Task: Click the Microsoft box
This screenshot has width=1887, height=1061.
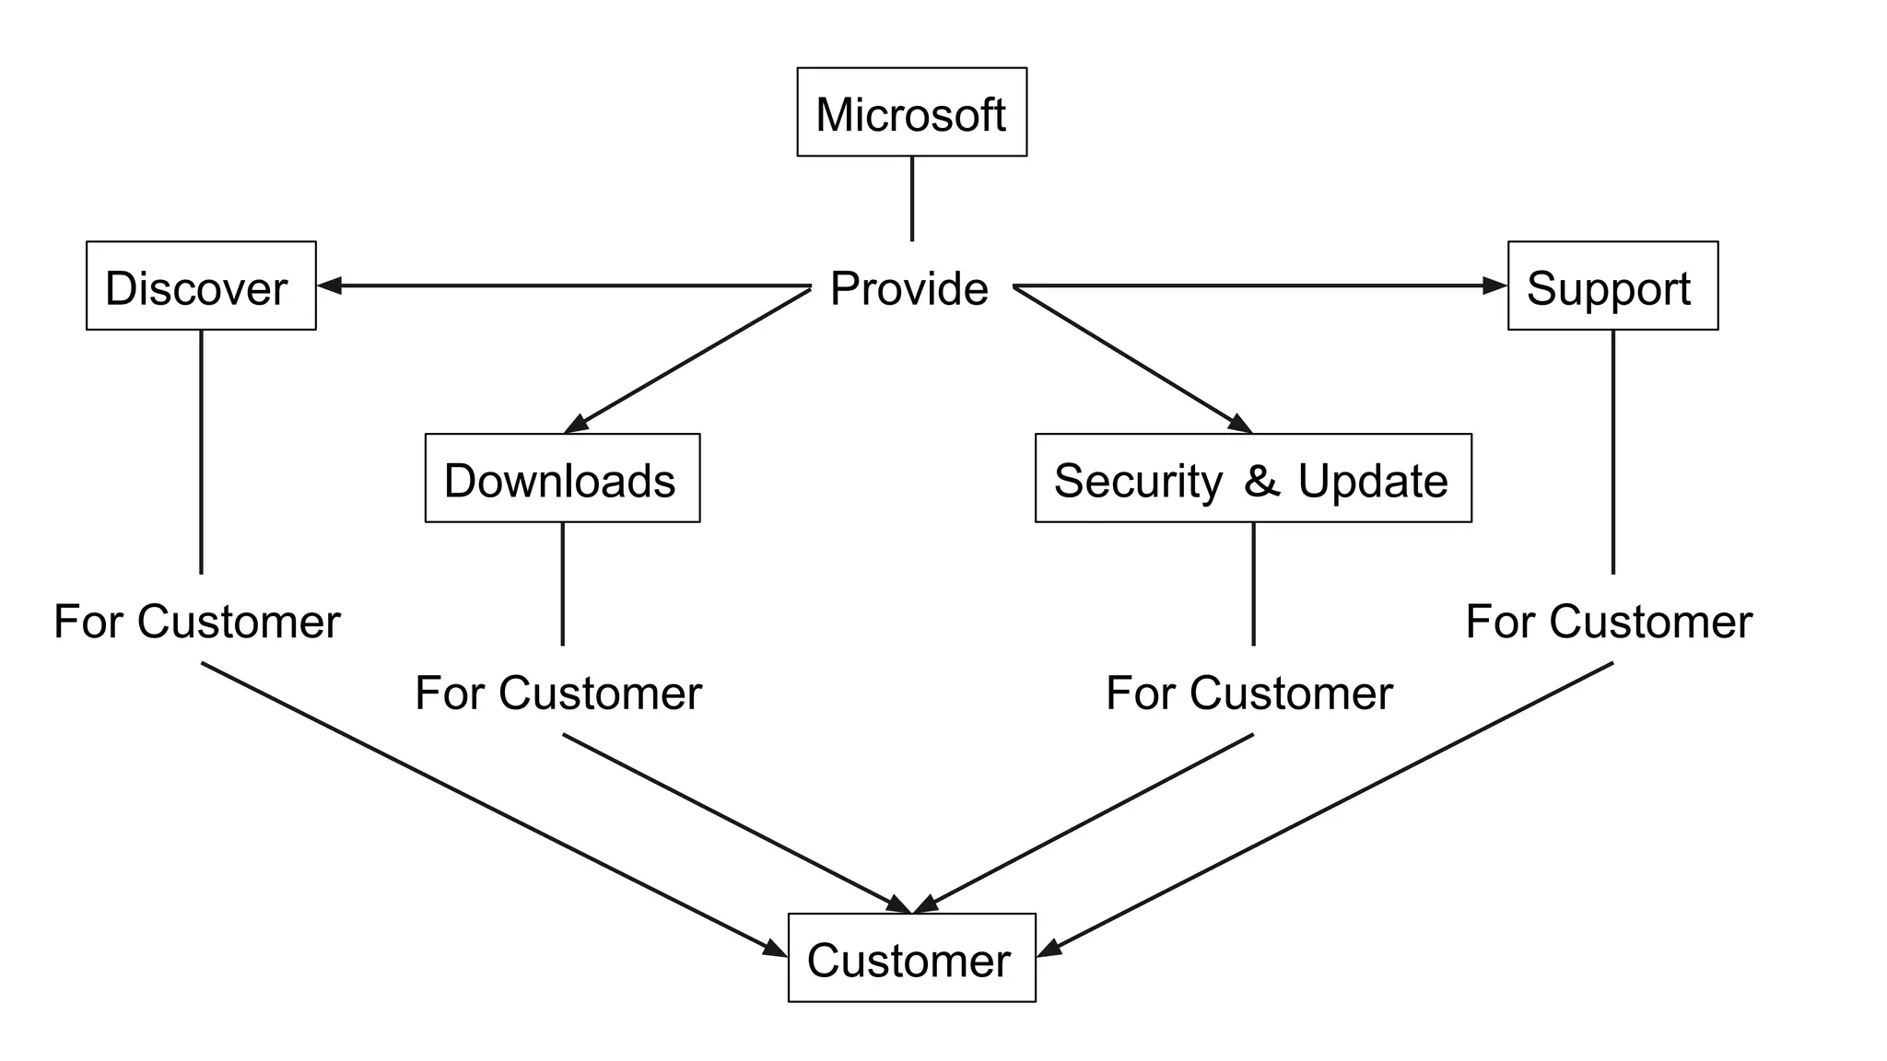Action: [911, 112]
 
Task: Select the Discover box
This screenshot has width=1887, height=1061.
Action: [201, 286]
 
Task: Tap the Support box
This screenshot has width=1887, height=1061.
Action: [1612, 286]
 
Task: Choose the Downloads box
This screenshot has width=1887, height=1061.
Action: [562, 479]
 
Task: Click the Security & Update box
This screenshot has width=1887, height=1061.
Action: [1253, 479]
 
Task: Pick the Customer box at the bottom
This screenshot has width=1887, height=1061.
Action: [911, 958]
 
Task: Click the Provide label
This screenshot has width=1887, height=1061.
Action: [909, 289]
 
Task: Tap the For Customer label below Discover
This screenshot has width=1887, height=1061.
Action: [197, 622]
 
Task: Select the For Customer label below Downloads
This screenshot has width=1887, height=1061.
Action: [558, 694]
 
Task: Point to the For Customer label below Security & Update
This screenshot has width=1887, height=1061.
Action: [1249, 694]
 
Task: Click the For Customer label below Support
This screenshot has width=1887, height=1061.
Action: [1609, 622]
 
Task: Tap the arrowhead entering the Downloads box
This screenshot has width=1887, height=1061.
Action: [576, 424]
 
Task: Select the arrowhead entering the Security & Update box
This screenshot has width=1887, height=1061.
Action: [1240, 424]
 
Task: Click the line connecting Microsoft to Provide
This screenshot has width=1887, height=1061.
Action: [912, 198]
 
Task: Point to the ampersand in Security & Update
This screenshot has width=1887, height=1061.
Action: [1261, 481]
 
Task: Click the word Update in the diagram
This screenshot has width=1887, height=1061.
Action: [1373, 482]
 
